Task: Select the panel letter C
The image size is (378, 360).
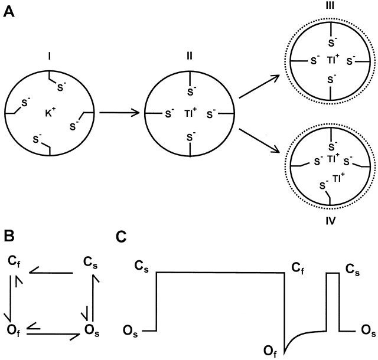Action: point(120,237)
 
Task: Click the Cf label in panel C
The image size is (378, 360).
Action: point(297,270)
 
